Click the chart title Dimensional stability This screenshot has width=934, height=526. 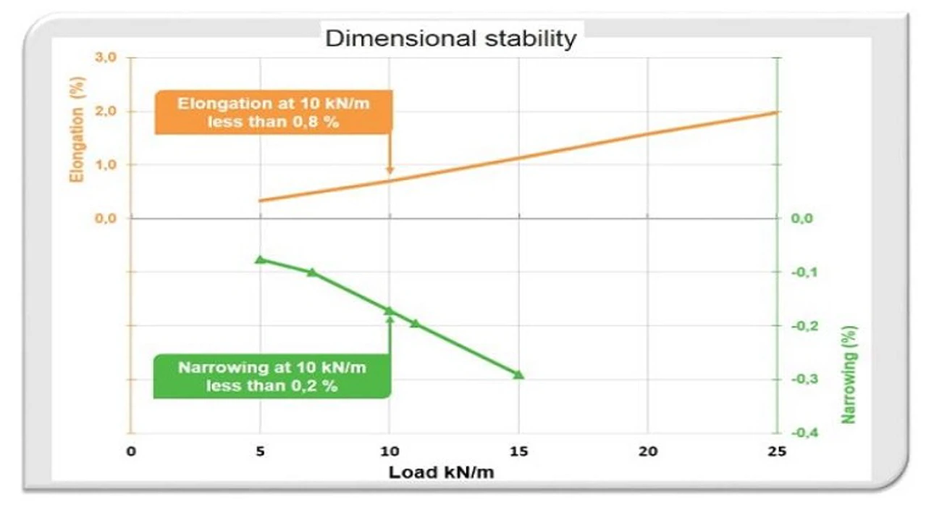tap(450, 38)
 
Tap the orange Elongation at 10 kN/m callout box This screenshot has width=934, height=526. tap(273, 112)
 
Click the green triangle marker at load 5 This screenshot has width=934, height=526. tap(261, 259)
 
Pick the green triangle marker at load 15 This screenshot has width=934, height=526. tap(518, 374)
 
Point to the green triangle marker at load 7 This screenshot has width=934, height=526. tap(312, 272)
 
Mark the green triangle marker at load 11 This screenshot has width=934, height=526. tap(415, 322)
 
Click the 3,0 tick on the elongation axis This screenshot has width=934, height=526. tap(105, 58)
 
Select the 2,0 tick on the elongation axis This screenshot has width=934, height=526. tap(105, 112)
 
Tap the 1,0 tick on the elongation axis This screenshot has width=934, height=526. tap(105, 165)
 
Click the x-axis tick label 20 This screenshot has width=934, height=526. tap(647, 451)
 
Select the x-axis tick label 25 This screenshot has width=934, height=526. tap(776, 451)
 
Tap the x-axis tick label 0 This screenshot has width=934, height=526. tap(131, 451)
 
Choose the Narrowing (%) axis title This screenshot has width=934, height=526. tap(849, 374)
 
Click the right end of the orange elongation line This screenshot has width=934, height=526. tap(776, 112)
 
